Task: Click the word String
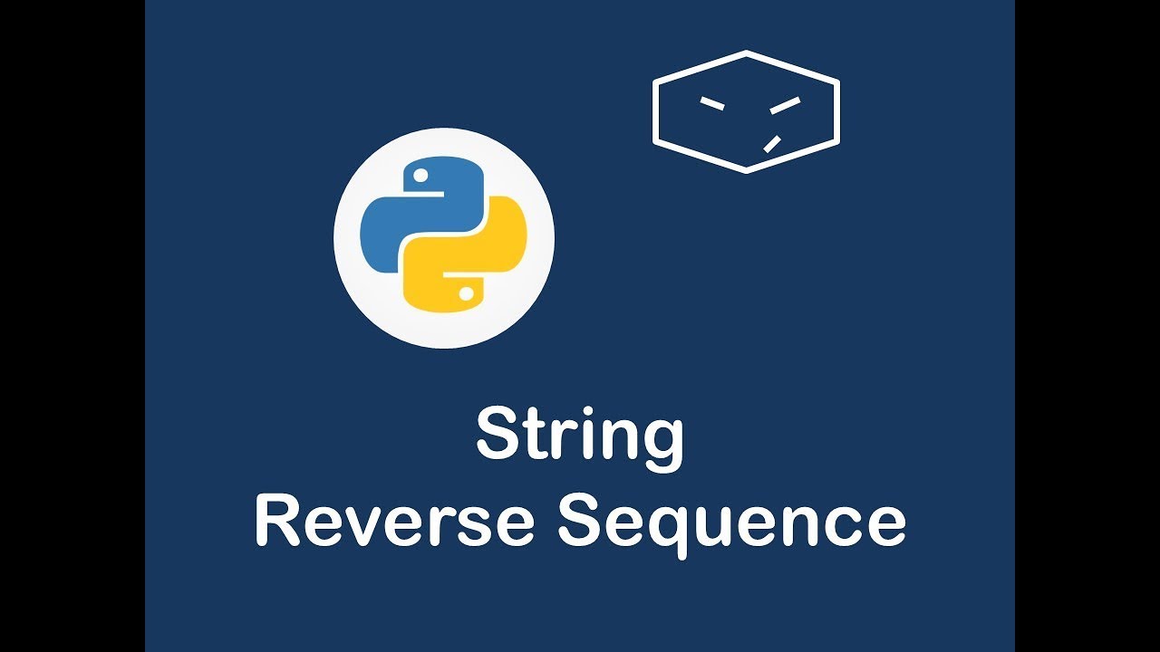580,436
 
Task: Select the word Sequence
730,523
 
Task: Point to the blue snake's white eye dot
420,173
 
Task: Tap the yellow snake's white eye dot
467,292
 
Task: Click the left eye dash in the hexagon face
712,103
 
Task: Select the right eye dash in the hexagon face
785,105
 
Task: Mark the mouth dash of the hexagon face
772,143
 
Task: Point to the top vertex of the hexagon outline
746,53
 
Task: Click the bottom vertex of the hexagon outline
746,170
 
